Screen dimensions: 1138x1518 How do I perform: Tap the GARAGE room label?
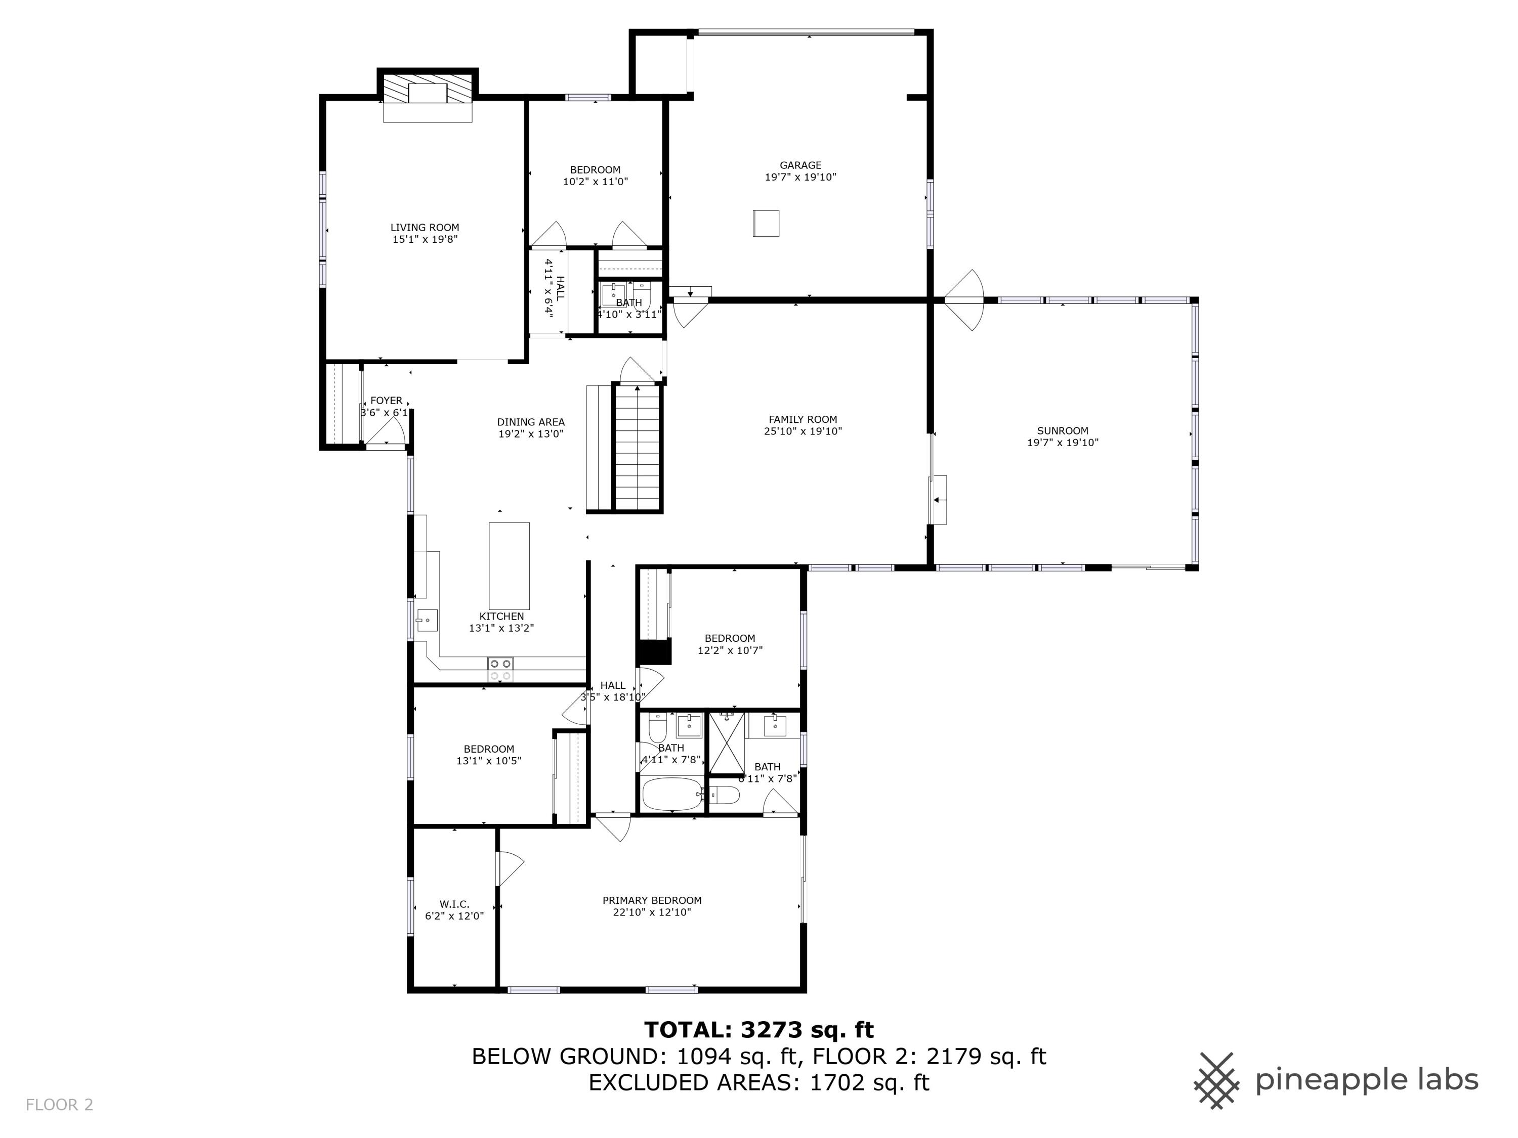click(800, 165)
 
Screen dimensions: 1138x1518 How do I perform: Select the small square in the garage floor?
click(766, 223)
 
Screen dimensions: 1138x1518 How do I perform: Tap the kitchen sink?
click(426, 621)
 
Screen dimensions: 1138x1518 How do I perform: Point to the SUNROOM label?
click(1062, 431)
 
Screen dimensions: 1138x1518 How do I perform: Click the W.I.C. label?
click(454, 904)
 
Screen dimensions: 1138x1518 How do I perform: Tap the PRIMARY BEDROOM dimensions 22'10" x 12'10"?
click(652, 912)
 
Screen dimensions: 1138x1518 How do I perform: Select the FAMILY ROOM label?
click(802, 419)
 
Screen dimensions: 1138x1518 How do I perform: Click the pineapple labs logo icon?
click(1216, 1080)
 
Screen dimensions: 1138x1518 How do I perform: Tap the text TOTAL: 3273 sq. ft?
click(758, 1030)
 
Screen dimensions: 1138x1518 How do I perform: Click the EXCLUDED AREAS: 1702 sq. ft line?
click(758, 1082)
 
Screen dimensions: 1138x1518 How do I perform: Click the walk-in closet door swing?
click(509, 868)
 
